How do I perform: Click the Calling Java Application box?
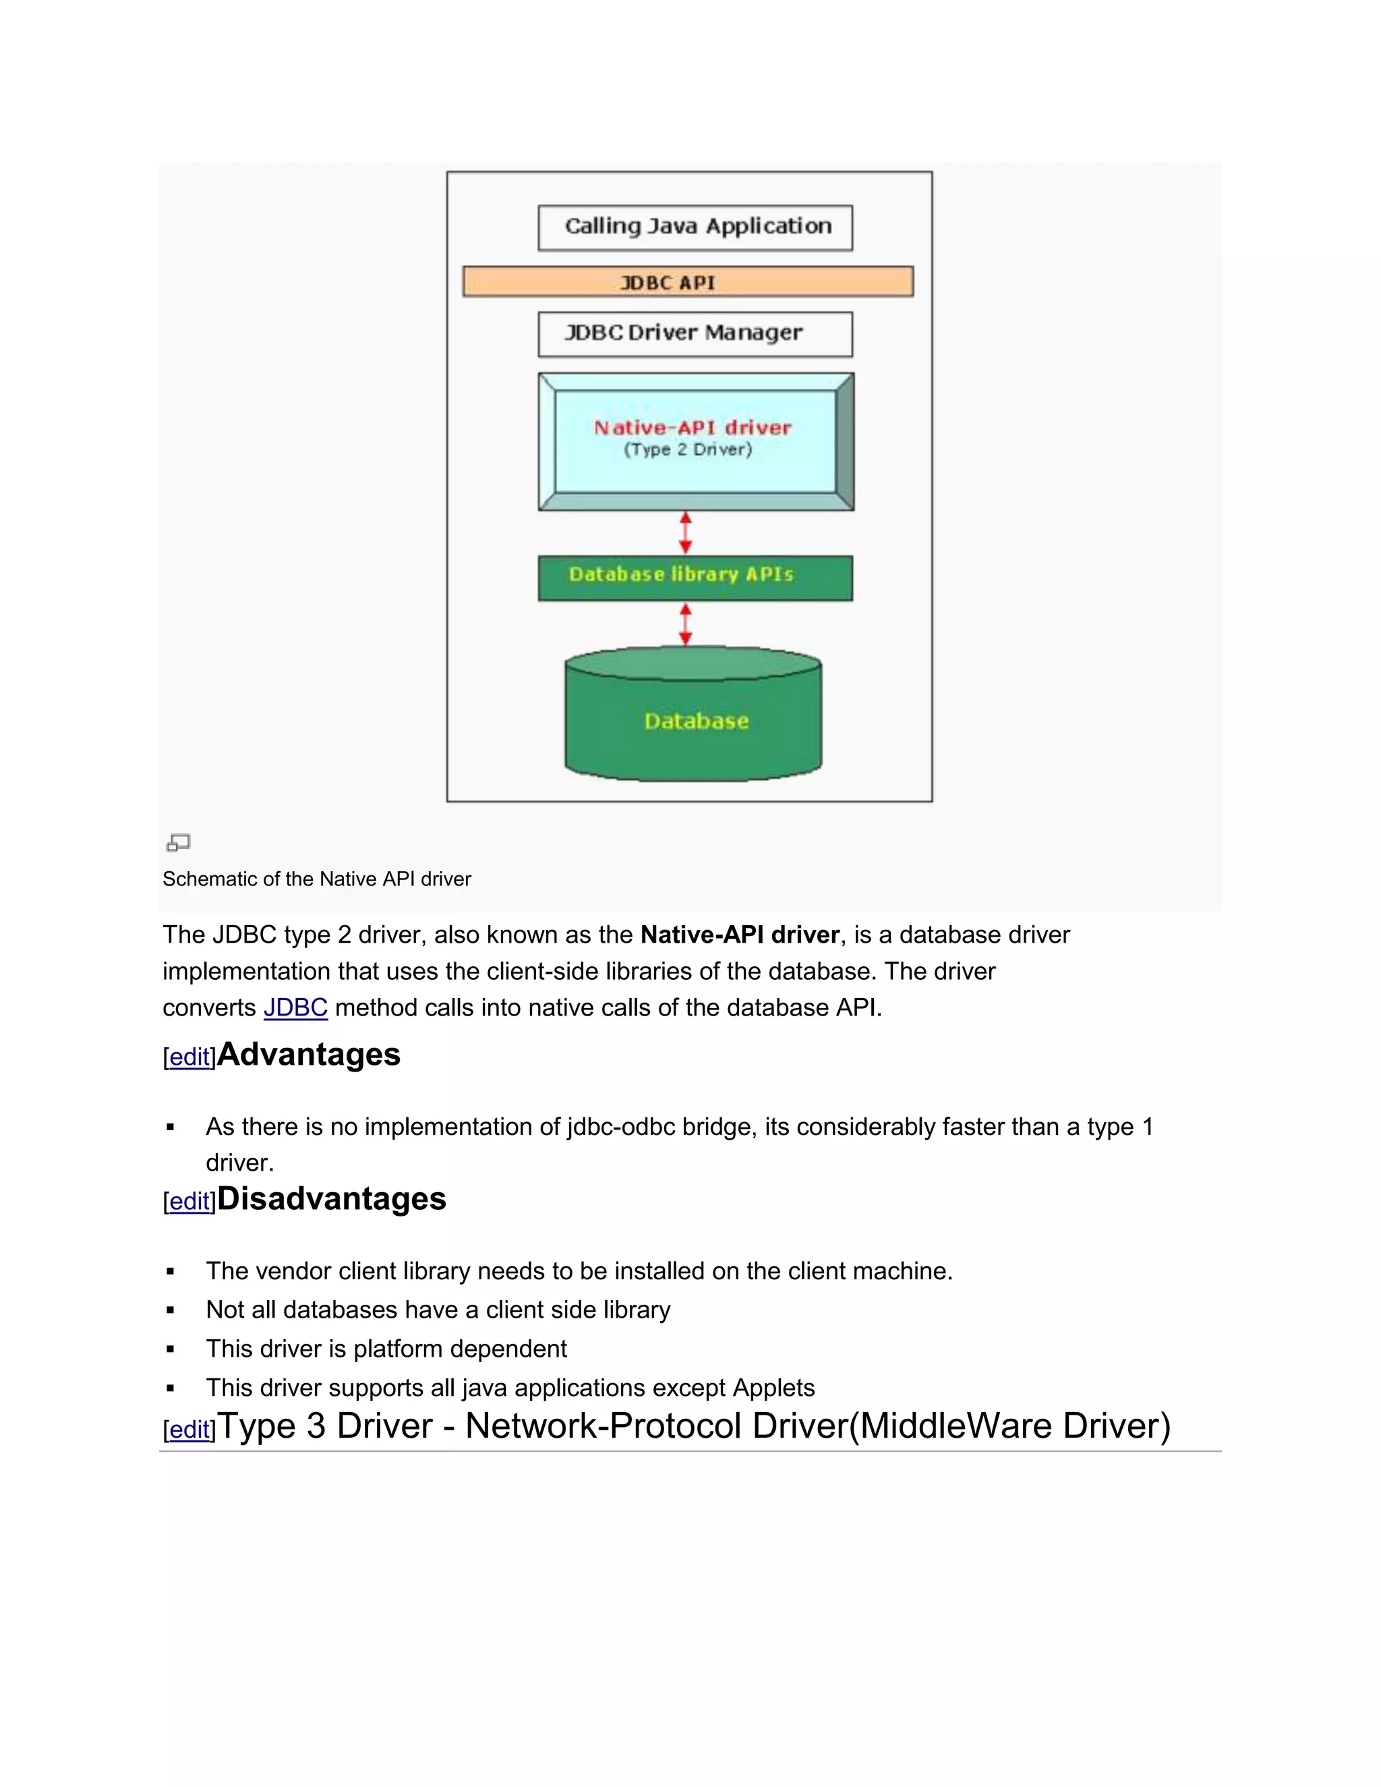(x=695, y=227)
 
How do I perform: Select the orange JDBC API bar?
(x=687, y=281)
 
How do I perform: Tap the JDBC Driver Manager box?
(x=695, y=334)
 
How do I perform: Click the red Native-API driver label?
(x=692, y=427)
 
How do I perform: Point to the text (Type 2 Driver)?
(x=687, y=449)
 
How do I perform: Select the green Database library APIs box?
(x=695, y=578)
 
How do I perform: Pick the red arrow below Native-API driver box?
(x=686, y=533)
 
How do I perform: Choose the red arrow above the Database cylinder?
(x=686, y=624)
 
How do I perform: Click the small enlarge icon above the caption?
(x=178, y=842)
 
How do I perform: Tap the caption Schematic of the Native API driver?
(x=317, y=879)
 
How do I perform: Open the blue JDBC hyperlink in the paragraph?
(x=295, y=1007)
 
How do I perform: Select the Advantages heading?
(x=308, y=1054)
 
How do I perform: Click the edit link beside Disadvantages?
(x=189, y=1201)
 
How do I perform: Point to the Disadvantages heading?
(x=331, y=1199)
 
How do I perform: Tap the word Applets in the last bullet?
(x=773, y=1388)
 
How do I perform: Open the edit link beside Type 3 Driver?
(x=189, y=1430)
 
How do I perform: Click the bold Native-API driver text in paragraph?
(x=740, y=935)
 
